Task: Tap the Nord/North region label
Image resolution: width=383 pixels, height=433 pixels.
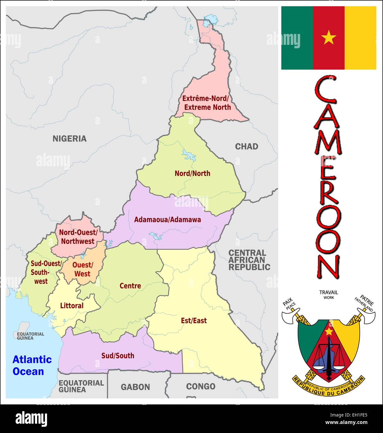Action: [192, 174]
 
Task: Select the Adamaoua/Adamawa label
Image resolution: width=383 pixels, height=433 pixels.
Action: [167, 220]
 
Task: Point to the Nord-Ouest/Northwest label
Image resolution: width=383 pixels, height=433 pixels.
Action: [78, 237]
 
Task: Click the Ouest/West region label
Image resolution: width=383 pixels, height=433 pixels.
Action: [83, 269]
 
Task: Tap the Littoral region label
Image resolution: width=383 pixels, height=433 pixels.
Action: [72, 306]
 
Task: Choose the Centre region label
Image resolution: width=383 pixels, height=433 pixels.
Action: [130, 286]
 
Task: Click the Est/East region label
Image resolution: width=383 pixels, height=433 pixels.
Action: [194, 321]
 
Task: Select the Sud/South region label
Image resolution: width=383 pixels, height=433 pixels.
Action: [118, 355]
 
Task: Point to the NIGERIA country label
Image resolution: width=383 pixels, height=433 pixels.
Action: [69, 139]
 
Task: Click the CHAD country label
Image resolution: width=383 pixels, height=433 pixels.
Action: [247, 146]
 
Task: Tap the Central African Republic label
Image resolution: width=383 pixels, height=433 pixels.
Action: [249, 260]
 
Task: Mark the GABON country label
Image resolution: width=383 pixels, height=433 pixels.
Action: [135, 387]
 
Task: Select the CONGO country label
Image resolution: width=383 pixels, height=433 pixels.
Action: [201, 387]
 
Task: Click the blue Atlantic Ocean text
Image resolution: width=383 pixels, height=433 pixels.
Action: [32, 365]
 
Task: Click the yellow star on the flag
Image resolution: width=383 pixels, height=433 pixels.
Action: [329, 38]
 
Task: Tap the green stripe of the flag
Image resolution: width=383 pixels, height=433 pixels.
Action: [297, 38]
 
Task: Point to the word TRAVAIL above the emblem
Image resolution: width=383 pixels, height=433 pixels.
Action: [328, 292]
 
